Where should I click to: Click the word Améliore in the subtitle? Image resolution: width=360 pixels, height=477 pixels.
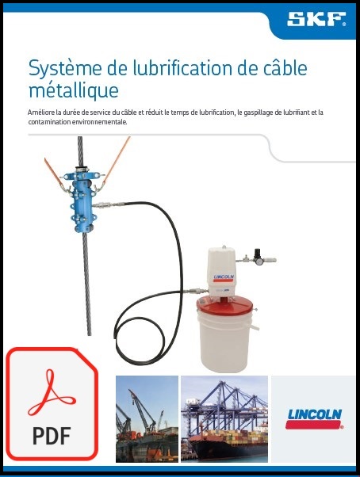click(x=40, y=113)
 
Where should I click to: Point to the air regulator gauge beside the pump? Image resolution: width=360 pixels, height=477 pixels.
click(x=259, y=258)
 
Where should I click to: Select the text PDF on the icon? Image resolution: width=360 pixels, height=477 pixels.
click(x=52, y=435)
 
